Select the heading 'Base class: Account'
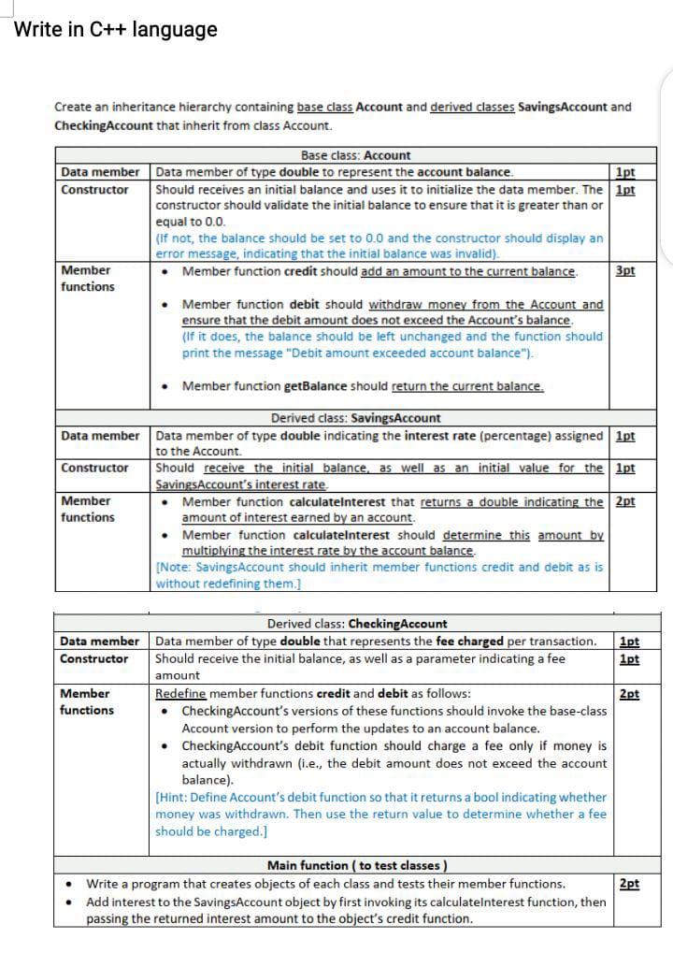pos(355,155)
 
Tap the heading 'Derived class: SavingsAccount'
pos(355,418)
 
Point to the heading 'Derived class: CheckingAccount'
pos(357,624)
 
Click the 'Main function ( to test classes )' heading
pos(357,865)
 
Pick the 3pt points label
pos(625,271)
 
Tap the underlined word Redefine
pos(180,694)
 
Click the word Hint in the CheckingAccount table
pos(175,798)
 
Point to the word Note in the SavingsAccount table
pos(173,567)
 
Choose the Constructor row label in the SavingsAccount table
pos(94,468)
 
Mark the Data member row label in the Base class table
pos(100,172)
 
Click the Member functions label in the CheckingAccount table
pos(86,701)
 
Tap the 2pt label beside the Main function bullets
pos(629,884)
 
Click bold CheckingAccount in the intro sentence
pos(104,125)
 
